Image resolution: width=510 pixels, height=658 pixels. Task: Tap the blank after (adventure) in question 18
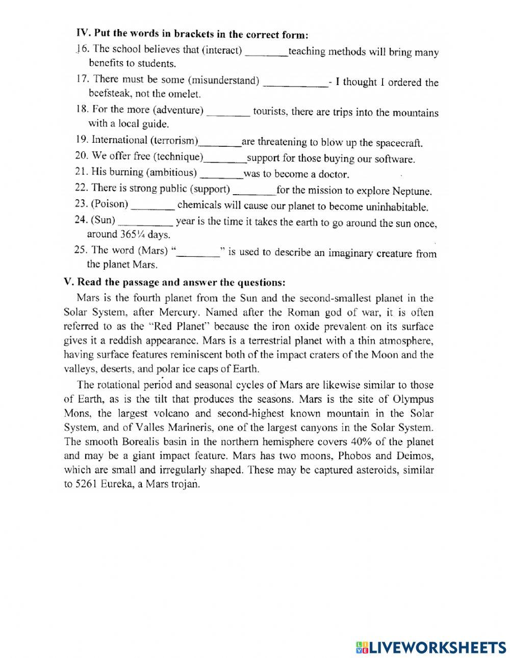228,112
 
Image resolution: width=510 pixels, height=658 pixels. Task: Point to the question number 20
82,156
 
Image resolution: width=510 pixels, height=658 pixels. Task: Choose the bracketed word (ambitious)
171,172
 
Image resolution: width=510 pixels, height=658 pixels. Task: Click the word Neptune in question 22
412,192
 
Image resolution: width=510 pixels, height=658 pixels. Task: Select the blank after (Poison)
152,206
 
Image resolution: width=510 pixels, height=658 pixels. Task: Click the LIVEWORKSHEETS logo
431,647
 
